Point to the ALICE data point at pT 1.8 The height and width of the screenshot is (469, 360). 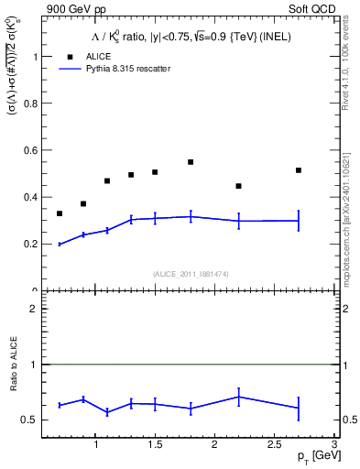tap(191, 162)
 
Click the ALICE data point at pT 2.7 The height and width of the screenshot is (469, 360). tap(299, 170)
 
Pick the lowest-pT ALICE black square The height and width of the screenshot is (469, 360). tap(60, 213)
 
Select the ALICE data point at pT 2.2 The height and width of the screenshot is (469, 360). tap(238, 186)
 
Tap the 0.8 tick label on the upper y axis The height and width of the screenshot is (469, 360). tap(27, 103)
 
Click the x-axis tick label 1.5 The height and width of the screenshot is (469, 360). tap(155, 445)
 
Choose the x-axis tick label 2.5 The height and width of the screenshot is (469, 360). tap(274, 445)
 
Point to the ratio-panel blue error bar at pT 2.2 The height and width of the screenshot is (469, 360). tap(238, 397)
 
